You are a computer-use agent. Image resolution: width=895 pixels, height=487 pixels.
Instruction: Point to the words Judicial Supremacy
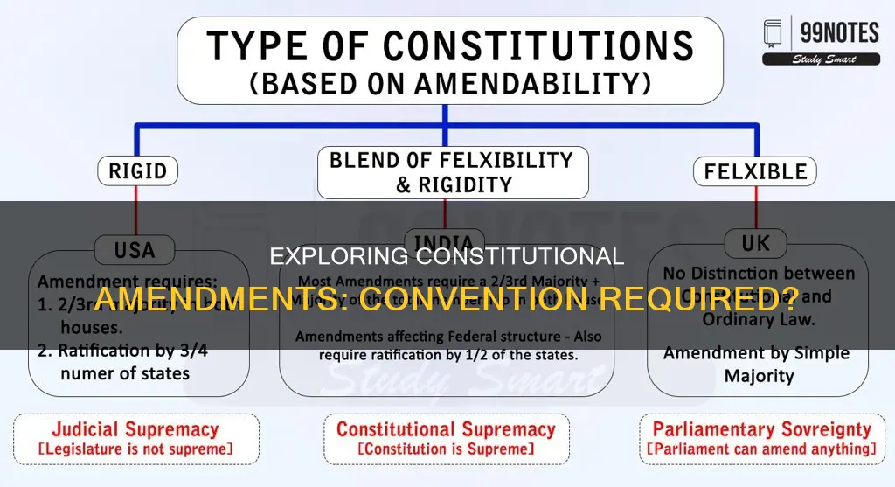tap(135, 429)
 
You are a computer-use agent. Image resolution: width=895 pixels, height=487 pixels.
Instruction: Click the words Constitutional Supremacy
tap(446, 429)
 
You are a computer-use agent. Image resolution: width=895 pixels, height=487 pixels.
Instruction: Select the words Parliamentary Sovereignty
tap(762, 429)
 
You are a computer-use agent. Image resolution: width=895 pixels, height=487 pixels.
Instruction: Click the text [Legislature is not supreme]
tap(135, 449)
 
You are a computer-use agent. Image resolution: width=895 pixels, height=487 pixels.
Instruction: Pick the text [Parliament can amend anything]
tap(762, 449)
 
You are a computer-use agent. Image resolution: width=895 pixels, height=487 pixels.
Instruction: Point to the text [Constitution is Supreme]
tap(446, 449)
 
